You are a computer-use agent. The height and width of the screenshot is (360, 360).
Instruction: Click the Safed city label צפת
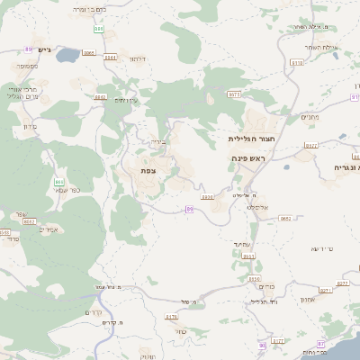pyautogui.click(x=148, y=169)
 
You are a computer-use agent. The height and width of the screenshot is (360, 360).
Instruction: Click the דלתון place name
pyautogui.click(x=137, y=58)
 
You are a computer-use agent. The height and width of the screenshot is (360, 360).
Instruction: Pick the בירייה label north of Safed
pyautogui.click(x=157, y=142)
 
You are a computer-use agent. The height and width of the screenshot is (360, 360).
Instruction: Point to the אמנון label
pyautogui.click(x=307, y=299)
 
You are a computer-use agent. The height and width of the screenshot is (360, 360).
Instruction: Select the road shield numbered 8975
pyautogui.click(x=234, y=94)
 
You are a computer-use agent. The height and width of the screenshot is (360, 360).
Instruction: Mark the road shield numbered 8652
pyautogui.click(x=284, y=218)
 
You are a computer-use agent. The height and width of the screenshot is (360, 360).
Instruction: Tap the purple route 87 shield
pyautogui.click(x=321, y=343)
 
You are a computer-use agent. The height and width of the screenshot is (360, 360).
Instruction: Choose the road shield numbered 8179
pyautogui.click(x=172, y=317)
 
